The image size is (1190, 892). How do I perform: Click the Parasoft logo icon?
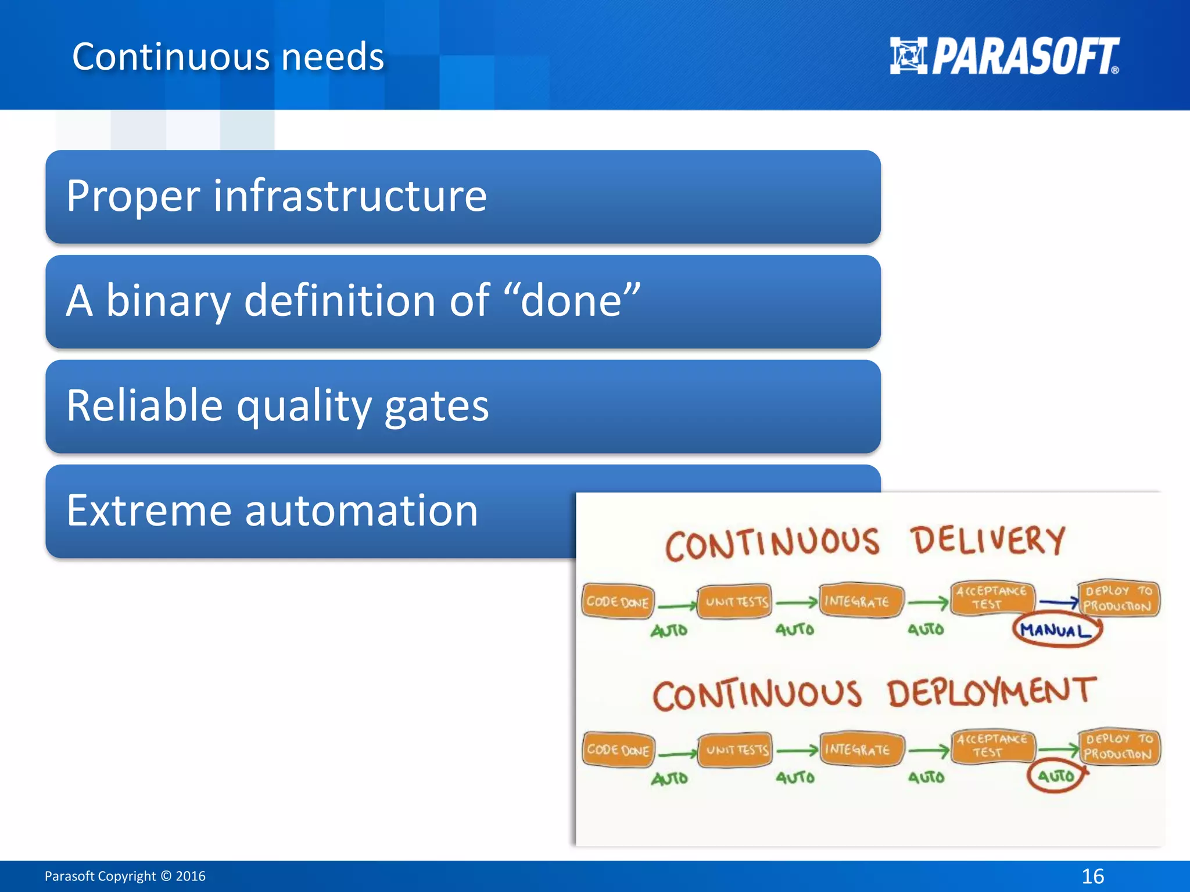908,56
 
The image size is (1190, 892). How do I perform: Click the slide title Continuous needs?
228,57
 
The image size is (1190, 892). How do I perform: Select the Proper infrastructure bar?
463,196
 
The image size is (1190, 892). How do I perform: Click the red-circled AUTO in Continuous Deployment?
1056,776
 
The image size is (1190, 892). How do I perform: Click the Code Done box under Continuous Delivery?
617,602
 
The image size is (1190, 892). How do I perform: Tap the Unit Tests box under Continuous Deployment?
736,750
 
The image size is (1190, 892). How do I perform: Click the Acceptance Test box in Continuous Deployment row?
991,746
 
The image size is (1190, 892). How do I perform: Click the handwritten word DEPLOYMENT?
991,693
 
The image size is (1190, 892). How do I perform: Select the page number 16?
1092,876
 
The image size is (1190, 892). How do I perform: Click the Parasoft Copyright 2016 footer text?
125,876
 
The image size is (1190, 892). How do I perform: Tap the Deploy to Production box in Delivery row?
1117,599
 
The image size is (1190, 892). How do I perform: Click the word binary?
167,301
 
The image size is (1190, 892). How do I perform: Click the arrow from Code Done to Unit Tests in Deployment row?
677,754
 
